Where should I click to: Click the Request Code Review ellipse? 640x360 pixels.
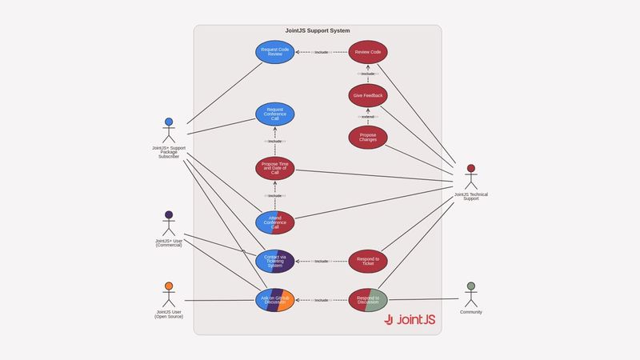click(275, 52)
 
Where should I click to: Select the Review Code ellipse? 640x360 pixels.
click(368, 52)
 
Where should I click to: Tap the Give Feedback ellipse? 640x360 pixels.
click(368, 95)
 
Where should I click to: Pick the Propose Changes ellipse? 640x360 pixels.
click(368, 138)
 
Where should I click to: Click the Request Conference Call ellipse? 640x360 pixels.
click(275, 114)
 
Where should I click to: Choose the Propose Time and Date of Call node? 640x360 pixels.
click(275, 168)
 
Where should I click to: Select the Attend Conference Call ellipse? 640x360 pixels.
click(275, 222)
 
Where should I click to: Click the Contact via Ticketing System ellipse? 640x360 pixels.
click(275, 261)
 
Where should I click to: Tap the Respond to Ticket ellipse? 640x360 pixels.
click(368, 261)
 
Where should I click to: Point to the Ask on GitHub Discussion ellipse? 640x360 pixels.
click(275, 300)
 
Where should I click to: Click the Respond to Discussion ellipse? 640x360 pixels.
click(368, 300)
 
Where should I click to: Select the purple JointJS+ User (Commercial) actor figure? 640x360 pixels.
click(169, 224)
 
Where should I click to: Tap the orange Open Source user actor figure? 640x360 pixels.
click(169, 294)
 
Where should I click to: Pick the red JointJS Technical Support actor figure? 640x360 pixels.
click(470, 178)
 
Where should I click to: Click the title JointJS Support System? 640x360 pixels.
click(318, 30)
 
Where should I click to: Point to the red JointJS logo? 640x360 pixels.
click(410, 319)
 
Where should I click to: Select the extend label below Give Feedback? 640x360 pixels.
click(368, 117)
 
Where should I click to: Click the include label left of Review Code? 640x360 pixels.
click(322, 52)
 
